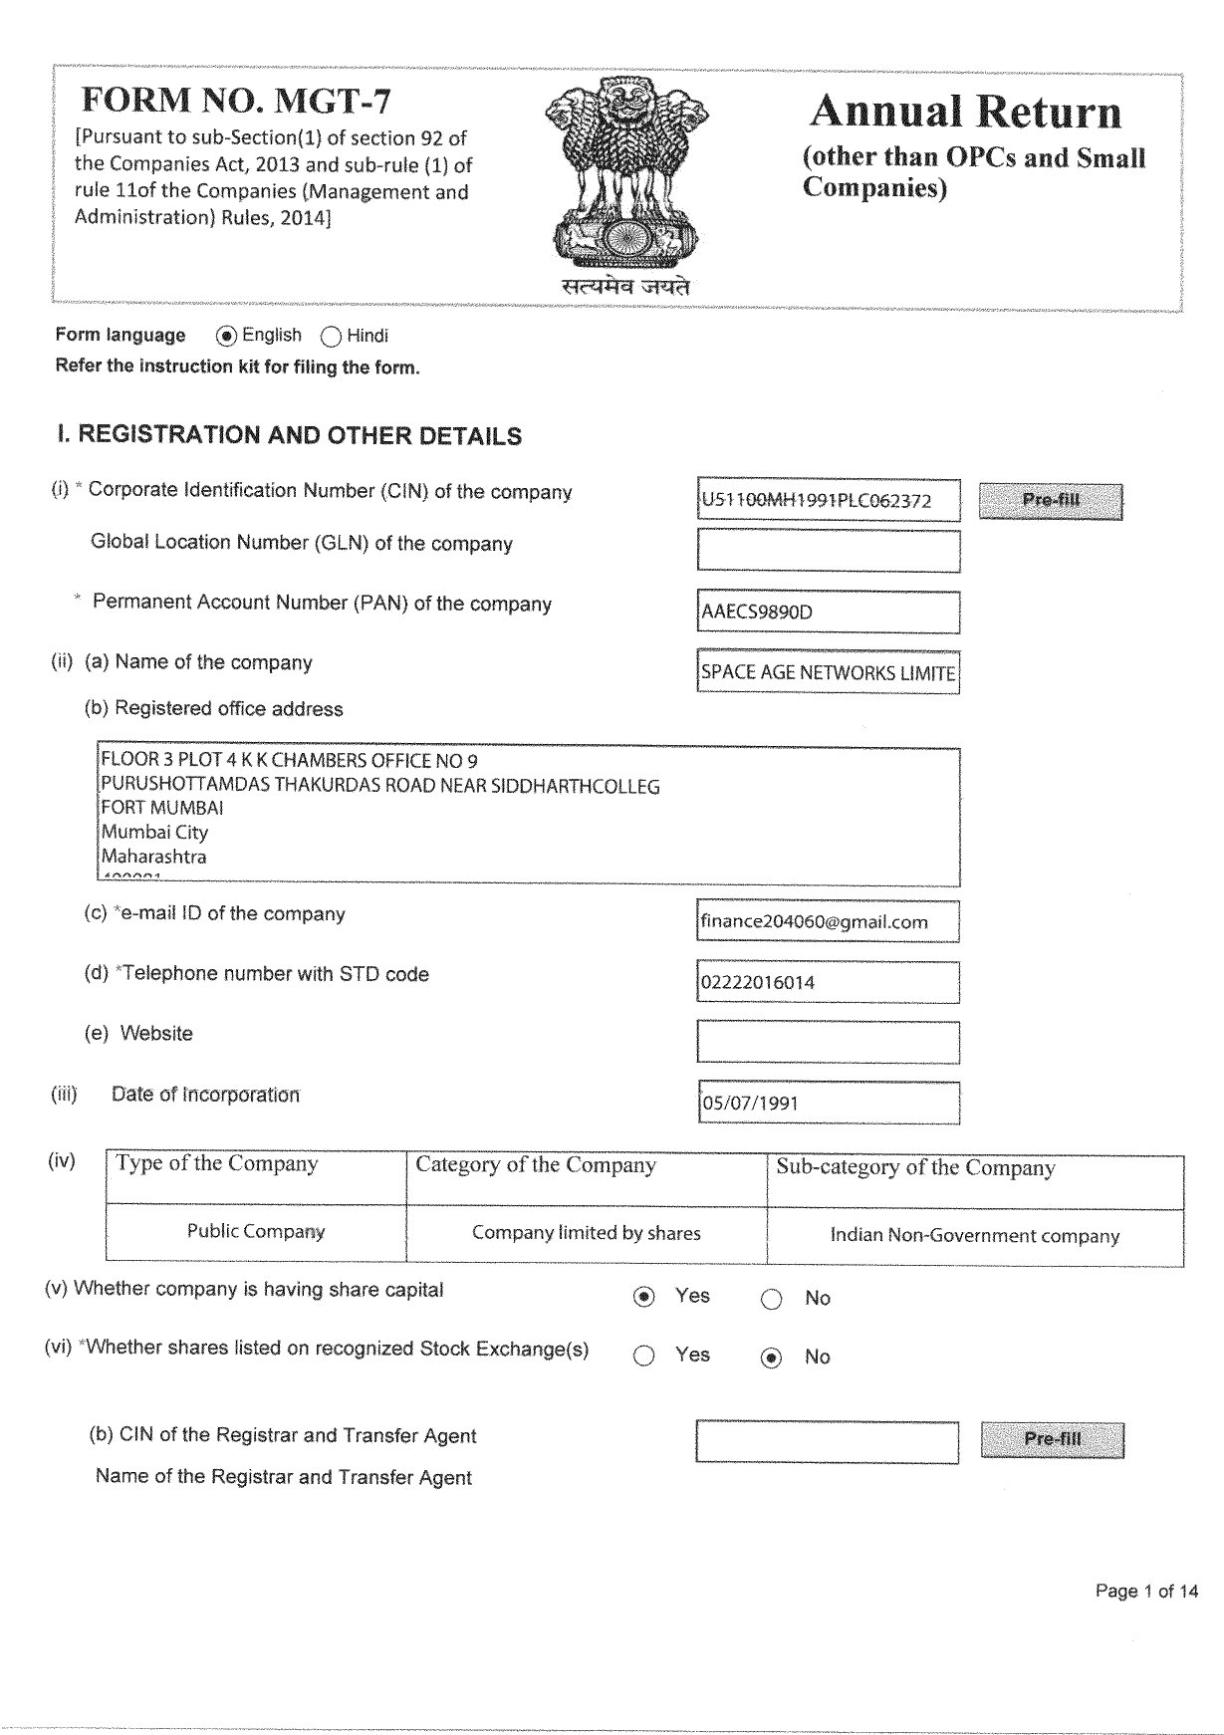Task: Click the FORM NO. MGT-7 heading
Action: (236, 101)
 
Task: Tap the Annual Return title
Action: (965, 112)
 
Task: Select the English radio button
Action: (227, 336)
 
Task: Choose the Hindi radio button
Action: (332, 337)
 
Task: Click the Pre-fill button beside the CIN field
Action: (1051, 501)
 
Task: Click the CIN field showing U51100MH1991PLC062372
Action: (828, 500)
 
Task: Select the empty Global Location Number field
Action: (828, 551)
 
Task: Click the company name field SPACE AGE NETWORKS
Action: (828, 672)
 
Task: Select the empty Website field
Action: (828, 1042)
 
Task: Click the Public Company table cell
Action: (256, 1232)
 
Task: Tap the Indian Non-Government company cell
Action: (975, 1236)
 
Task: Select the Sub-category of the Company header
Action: (915, 1167)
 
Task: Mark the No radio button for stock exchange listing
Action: (771, 1358)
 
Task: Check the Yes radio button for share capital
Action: (644, 1297)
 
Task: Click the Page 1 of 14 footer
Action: (1146, 1591)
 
